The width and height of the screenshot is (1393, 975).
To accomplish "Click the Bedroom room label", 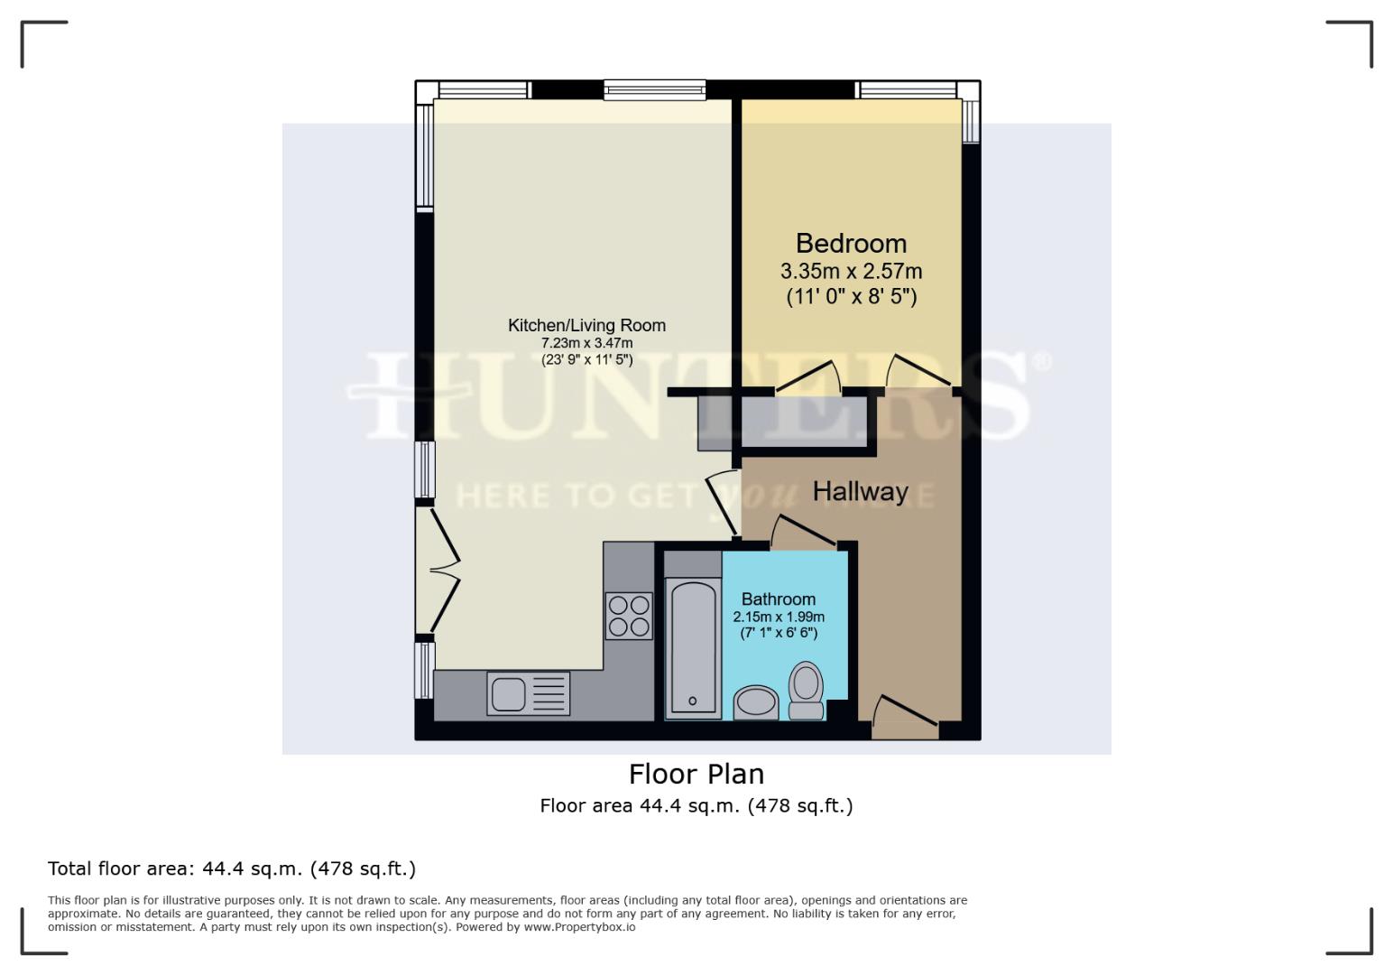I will click(851, 244).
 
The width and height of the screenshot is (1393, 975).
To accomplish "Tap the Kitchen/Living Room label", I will click(586, 325).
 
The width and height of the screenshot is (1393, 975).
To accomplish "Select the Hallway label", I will click(860, 492).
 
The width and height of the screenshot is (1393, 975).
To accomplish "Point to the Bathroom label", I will click(778, 599).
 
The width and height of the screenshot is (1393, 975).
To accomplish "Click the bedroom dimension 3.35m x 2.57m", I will click(851, 271).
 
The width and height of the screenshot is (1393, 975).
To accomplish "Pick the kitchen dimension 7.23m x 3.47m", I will click(586, 343).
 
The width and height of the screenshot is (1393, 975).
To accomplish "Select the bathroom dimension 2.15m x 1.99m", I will click(778, 617).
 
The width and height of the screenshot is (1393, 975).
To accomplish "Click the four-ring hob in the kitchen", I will click(629, 616).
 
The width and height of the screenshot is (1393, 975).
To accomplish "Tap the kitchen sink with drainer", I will click(528, 694).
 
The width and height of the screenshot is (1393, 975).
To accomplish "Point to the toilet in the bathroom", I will click(806, 692).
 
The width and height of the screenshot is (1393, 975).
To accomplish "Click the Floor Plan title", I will click(696, 775).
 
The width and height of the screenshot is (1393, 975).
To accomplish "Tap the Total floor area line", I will click(232, 868).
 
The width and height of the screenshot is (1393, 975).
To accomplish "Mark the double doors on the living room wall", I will click(442, 571).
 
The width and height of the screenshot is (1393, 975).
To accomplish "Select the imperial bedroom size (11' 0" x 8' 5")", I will click(851, 296).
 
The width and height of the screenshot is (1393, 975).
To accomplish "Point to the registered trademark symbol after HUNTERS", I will click(1041, 363).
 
